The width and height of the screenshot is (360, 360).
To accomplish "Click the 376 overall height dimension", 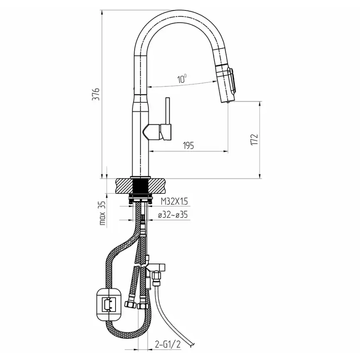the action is pos(96,94).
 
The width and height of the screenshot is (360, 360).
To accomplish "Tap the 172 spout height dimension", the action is pos(254,139).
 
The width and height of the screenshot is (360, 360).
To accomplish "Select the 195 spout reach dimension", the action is pos(188,145).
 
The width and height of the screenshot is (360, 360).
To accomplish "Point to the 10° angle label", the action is pos(182,79).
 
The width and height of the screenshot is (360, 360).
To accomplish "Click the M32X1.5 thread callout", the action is pos(174,201).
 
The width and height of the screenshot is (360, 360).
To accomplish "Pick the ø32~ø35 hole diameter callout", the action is pos(173,215).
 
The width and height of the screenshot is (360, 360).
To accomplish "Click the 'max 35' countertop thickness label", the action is pos(103,213).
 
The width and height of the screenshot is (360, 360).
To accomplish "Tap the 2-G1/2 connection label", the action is pos(168,344).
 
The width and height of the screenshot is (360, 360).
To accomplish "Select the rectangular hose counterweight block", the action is pos(109,304).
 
